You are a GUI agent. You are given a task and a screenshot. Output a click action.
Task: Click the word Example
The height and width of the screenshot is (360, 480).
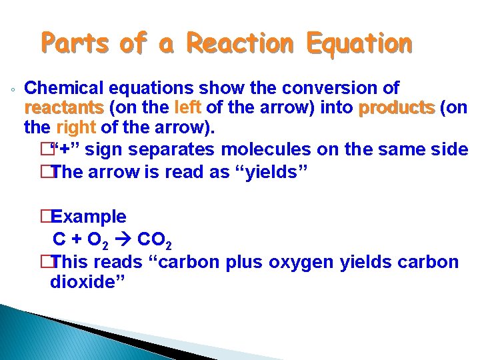(x=89, y=217)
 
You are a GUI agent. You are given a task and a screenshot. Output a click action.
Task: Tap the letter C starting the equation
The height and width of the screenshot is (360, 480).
(x=59, y=239)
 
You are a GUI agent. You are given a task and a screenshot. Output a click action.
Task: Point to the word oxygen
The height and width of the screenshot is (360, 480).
(x=302, y=262)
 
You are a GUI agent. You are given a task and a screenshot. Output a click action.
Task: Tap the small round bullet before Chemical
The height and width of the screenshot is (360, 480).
(x=13, y=90)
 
